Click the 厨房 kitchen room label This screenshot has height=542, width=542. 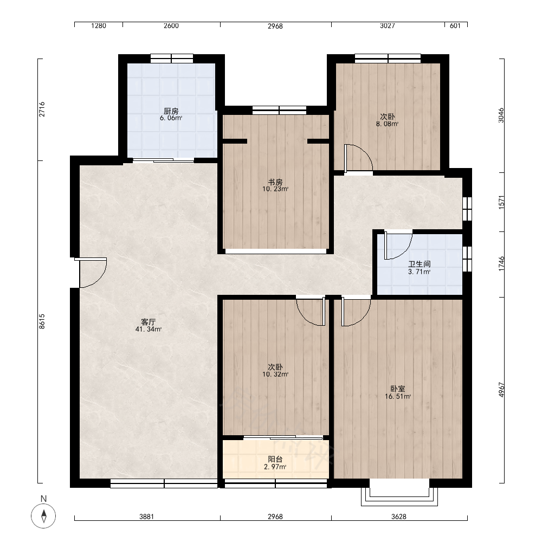(x=171, y=111)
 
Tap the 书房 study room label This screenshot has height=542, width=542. (x=275, y=182)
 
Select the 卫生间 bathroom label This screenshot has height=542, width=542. (x=420, y=264)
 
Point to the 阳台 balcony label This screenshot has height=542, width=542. (x=275, y=460)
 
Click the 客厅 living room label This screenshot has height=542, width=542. (x=149, y=322)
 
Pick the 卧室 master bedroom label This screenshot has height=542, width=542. (x=398, y=389)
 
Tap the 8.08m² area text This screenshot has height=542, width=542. (x=387, y=124)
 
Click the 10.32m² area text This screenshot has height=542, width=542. (x=275, y=375)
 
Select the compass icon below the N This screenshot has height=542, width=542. (x=43, y=516)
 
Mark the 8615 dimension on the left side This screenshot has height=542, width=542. (x=42, y=321)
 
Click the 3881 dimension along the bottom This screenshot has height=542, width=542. (x=146, y=517)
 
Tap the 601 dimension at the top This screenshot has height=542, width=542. (x=455, y=25)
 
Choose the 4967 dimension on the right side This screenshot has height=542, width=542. (x=501, y=390)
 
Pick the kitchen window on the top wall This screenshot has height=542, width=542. (x=172, y=59)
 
